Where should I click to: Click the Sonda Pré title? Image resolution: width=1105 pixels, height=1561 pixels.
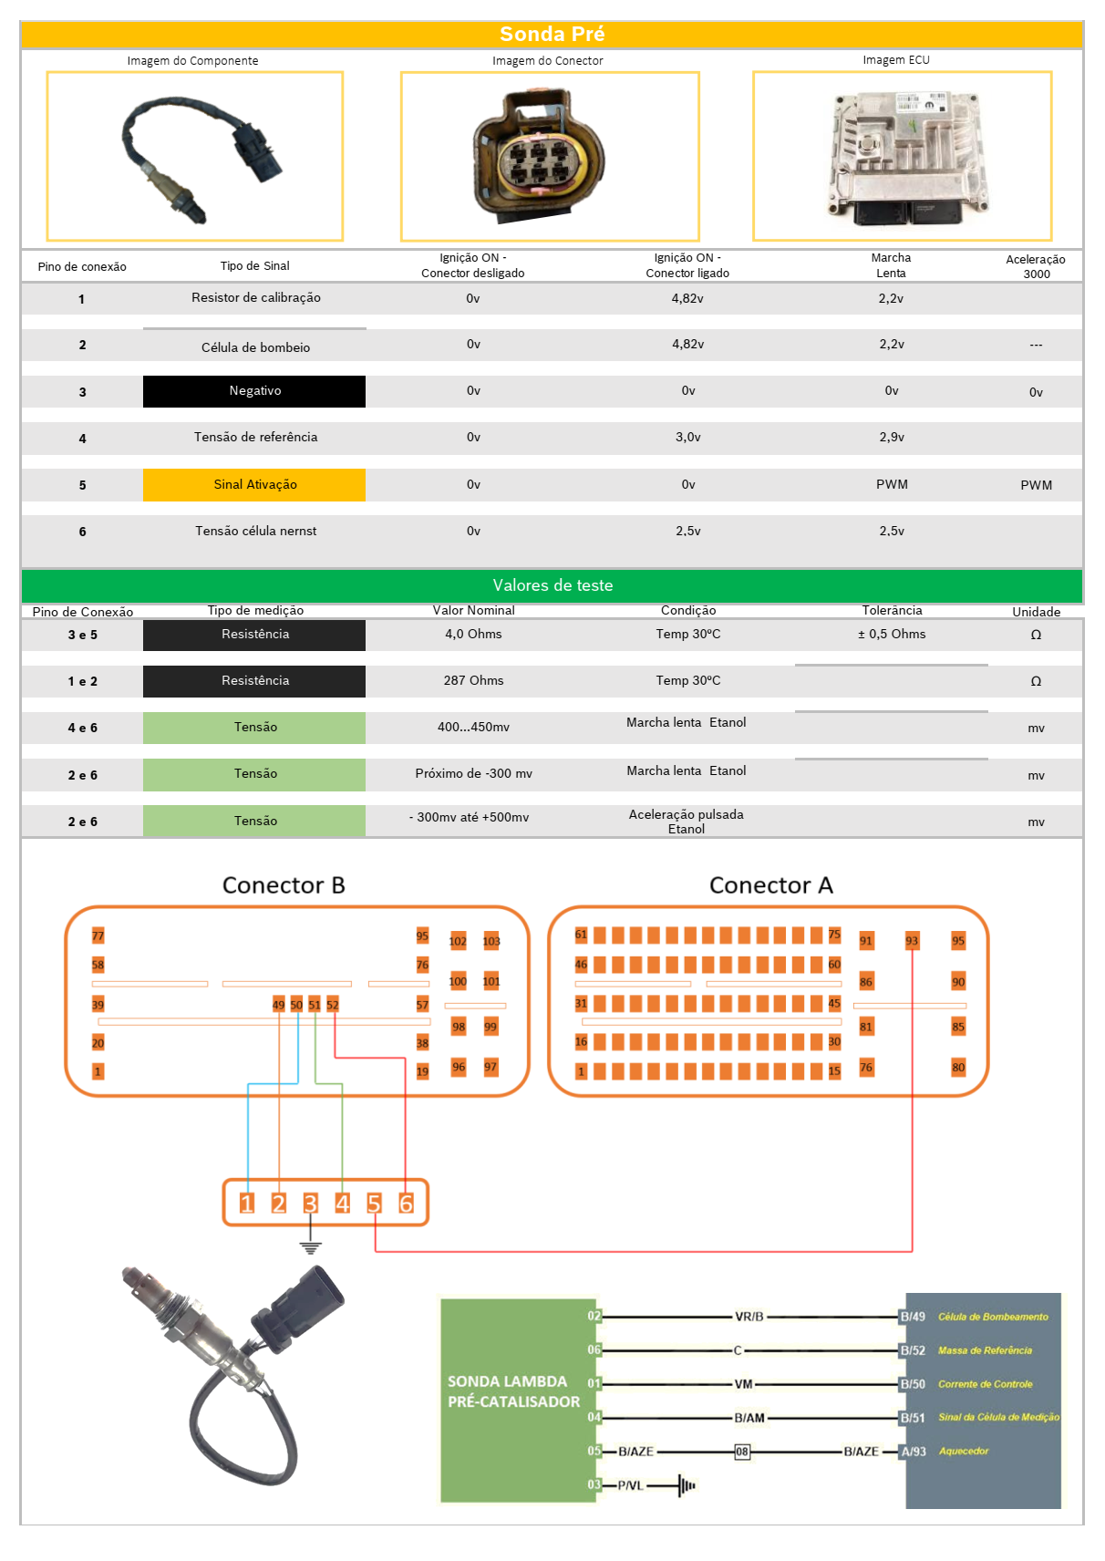552,34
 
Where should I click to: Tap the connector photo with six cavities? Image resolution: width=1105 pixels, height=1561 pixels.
541,156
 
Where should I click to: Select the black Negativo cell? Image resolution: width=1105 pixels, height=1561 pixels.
254,391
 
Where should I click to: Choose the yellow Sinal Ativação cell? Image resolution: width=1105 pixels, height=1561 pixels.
254,484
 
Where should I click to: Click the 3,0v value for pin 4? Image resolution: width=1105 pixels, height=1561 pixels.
687,438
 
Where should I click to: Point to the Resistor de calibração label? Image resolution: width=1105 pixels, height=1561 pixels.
255,298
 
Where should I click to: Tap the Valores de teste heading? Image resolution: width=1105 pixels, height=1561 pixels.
552,585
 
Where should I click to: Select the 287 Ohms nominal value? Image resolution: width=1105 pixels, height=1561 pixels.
473,681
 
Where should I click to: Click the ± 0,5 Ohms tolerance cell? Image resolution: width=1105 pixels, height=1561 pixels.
891,635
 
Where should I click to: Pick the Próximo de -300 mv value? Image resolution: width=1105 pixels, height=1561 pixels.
473,774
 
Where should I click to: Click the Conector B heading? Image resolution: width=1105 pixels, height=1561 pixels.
284,885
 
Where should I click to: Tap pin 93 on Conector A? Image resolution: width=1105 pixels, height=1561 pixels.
912,941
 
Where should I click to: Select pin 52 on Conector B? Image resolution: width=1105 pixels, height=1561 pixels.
333,1005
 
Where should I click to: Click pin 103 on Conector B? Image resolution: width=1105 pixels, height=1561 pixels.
491,941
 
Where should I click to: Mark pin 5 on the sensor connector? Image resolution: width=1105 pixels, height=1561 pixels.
374,1204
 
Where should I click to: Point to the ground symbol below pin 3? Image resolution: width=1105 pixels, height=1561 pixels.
311,1246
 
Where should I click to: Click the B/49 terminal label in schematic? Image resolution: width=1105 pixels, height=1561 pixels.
913,1317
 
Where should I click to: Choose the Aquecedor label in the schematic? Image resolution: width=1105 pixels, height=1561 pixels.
964,1451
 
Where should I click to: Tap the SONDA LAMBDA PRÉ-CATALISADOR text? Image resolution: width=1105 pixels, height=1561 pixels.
513,1391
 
